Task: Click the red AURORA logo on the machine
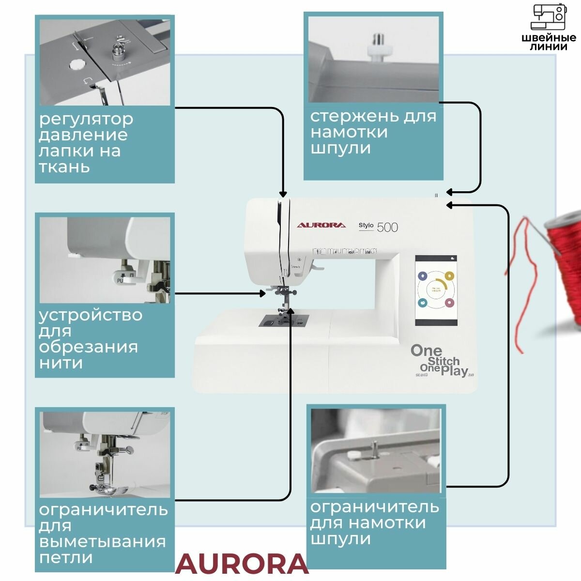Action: click(x=321, y=225)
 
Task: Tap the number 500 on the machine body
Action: click(x=387, y=227)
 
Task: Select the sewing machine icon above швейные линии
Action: click(x=549, y=17)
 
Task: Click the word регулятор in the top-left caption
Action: click(x=86, y=119)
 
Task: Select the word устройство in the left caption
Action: click(x=91, y=315)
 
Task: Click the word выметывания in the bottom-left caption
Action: click(x=102, y=541)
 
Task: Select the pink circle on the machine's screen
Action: click(x=449, y=303)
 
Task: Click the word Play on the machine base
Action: click(x=454, y=371)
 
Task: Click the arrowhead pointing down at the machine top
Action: click(x=283, y=194)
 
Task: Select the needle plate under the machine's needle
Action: click(x=283, y=321)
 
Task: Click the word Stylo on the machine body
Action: click(x=366, y=225)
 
